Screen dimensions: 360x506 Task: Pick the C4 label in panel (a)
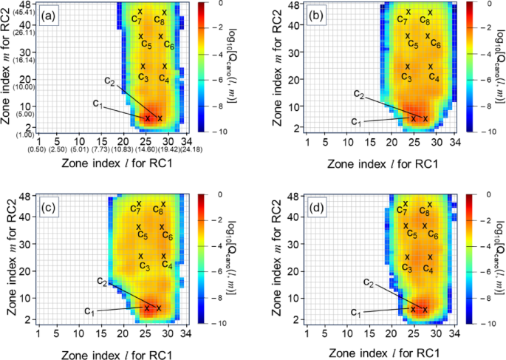tap(164, 79)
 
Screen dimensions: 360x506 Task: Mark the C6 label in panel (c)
tap(167, 237)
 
